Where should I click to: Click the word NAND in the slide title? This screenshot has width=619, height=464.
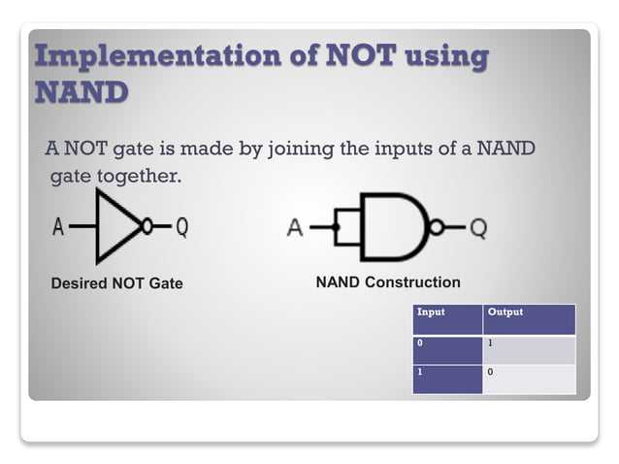coord(81,92)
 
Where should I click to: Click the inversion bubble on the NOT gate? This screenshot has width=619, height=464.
coord(147,227)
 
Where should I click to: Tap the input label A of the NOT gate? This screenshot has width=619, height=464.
coord(58,228)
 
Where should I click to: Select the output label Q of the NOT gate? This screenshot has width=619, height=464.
coord(181,228)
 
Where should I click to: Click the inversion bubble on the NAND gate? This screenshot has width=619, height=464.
coord(437,228)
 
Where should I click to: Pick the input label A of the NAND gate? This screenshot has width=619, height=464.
coord(295,229)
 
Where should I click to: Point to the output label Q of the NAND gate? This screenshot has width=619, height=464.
coord(477,229)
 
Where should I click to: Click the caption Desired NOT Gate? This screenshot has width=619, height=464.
coord(116,283)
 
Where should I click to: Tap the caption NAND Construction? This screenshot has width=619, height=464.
coord(388,282)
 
